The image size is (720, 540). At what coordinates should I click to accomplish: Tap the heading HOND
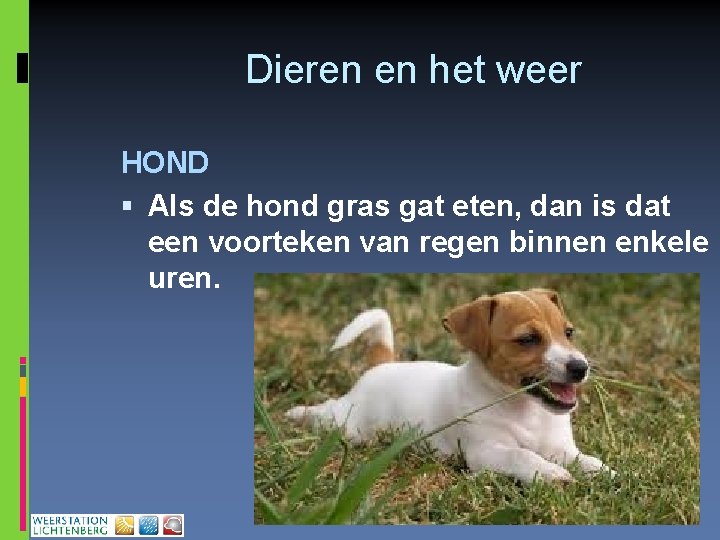tap(165, 162)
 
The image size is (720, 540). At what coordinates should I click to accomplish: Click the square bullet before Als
tap(127, 207)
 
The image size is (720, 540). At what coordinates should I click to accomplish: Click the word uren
tap(183, 278)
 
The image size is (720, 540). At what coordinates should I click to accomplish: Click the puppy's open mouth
tap(560, 392)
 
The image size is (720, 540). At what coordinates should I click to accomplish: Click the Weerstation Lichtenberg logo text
tap(70, 525)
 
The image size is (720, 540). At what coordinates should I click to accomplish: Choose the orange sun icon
tap(124, 525)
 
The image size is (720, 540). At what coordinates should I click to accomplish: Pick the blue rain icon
tap(148, 525)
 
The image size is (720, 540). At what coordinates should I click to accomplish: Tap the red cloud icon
tap(173, 525)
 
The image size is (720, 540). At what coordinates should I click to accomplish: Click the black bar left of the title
tap(23, 67)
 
